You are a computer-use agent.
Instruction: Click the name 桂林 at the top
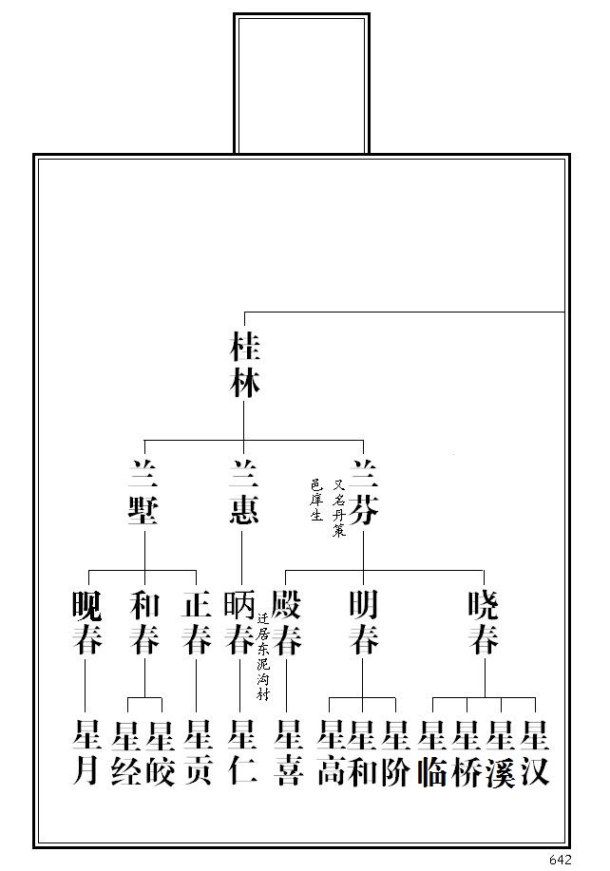point(244,365)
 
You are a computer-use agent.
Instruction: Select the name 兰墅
point(144,492)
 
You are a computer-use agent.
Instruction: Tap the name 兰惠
point(243,492)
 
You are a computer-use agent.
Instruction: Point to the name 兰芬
point(363,492)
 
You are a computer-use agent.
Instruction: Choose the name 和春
point(144,623)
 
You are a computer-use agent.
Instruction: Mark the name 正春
point(196,623)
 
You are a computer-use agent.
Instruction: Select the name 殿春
point(287,623)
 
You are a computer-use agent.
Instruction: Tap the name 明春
point(363,623)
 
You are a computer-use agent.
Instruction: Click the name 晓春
point(484,623)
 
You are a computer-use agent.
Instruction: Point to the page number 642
point(561,860)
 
